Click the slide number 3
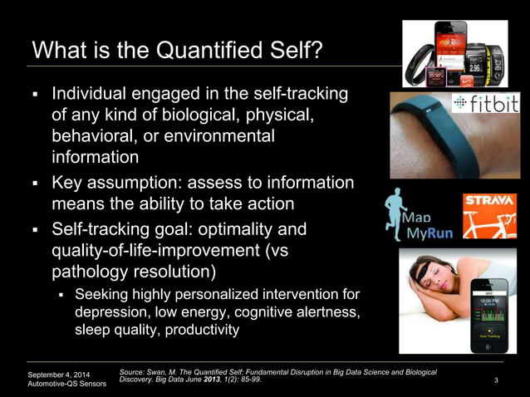(x=495, y=380)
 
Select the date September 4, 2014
(x=60, y=374)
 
